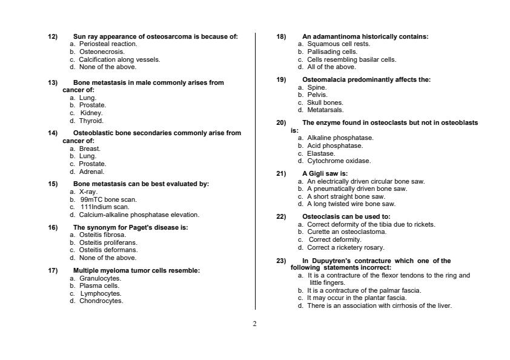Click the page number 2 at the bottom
254,324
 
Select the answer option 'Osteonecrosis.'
102,52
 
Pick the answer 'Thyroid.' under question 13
91,121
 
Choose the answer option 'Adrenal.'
92,172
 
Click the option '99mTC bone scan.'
108,199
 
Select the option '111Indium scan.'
105,207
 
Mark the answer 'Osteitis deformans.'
108,250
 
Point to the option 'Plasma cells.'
99,285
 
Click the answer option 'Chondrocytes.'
101,301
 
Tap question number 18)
281,37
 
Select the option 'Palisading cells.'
332,52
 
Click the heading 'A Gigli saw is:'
325,174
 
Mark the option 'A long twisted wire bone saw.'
351,204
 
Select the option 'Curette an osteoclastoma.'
346,232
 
